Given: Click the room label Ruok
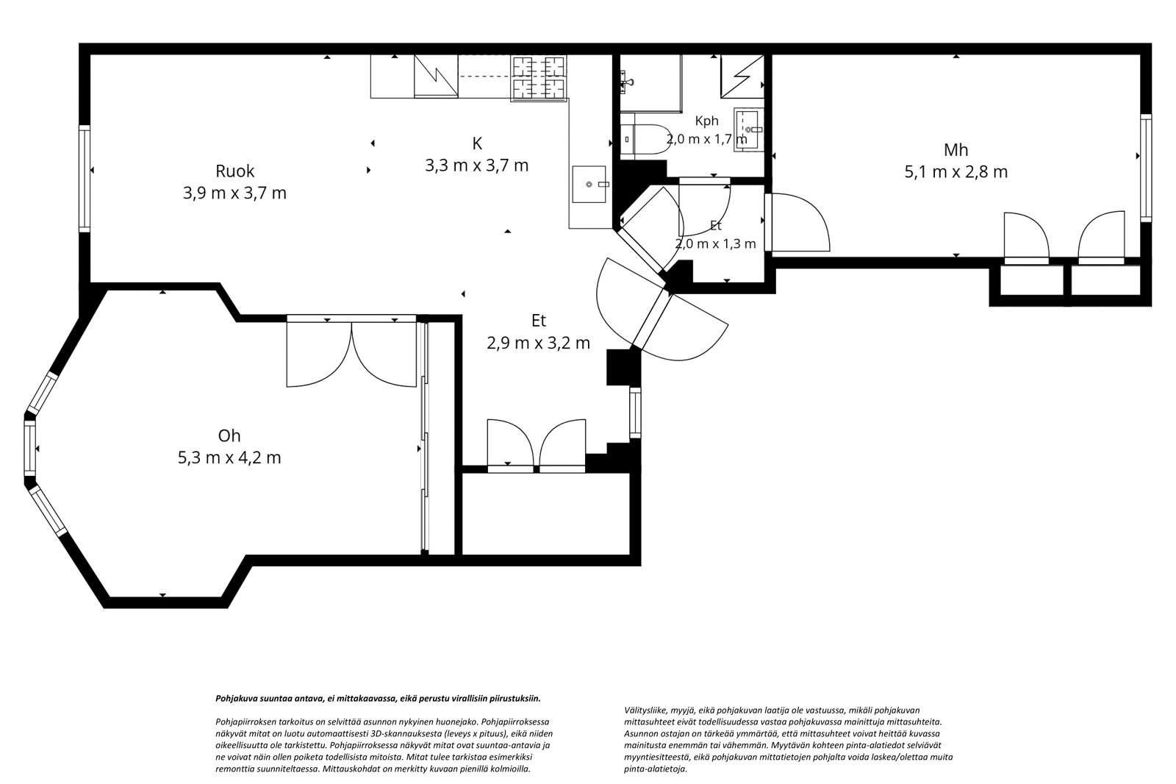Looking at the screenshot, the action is (x=234, y=171).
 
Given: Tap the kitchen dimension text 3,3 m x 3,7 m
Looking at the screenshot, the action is (x=476, y=165).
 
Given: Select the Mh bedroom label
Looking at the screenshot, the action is (x=955, y=150).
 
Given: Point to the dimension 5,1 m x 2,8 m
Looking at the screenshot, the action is (x=955, y=172).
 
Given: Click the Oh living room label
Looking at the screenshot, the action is (x=229, y=435).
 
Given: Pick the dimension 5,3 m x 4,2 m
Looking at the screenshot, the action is (x=229, y=457).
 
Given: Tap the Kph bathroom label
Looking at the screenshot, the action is (x=706, y=121).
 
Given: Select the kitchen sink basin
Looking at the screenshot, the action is (x=589, y=184).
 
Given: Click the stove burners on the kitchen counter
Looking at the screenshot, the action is (x=539, y=77).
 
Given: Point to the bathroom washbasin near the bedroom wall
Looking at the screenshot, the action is (x=749, y=129).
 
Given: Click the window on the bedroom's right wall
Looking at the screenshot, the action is (x=1146, y=168).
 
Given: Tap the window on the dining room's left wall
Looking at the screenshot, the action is (x=85, y=178).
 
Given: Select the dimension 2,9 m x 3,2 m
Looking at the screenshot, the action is (x=538, y=343).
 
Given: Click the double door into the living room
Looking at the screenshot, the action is (x=351, y=351).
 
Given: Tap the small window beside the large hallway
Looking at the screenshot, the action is (x=635, y=413).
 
